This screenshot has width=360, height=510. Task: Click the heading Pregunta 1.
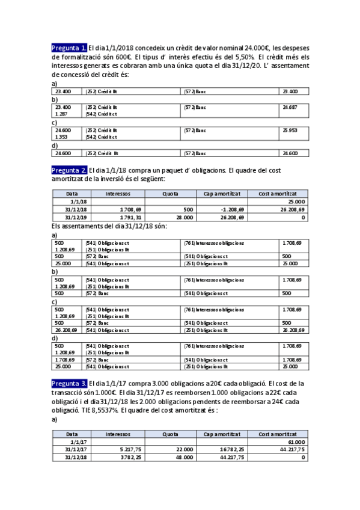(x=69, y=48)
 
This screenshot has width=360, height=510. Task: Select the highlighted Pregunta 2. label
(x=69, y=170)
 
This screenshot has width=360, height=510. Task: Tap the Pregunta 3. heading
(x=69, y=383)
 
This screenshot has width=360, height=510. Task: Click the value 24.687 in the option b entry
(x=290, y=107)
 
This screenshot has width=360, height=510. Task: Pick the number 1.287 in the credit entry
(x=61, y=113)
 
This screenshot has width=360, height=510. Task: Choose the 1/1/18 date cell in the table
(x=78, y=201)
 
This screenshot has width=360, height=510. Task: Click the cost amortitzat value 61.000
(x=295, y=441)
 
